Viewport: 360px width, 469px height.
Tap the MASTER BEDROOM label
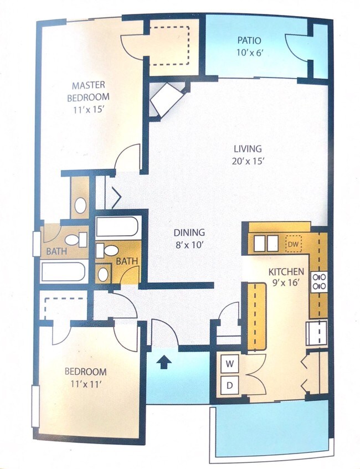pyautogui.click(x=89, y=91)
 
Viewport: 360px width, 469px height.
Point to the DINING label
pyautogui.click(x=189, y=233)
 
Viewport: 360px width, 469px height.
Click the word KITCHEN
pyautogui.click(x=286, y=272)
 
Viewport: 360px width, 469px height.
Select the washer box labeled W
pyautogui.click(x=229, y=364)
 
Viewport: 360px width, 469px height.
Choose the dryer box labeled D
pyautogui.click(x=229, y=384)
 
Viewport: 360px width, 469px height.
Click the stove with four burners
pyautogui.click(x=319, y=281)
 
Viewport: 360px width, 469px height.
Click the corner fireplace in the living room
pyautogui.click(x=164, y=100)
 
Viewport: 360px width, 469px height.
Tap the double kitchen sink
pyautogui.click(x=265, y=243)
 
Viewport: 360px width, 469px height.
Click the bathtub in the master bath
pyautogui.click(x=63, y=272)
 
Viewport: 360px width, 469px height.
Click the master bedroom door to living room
pyautogui.click(x=128, y=157)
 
